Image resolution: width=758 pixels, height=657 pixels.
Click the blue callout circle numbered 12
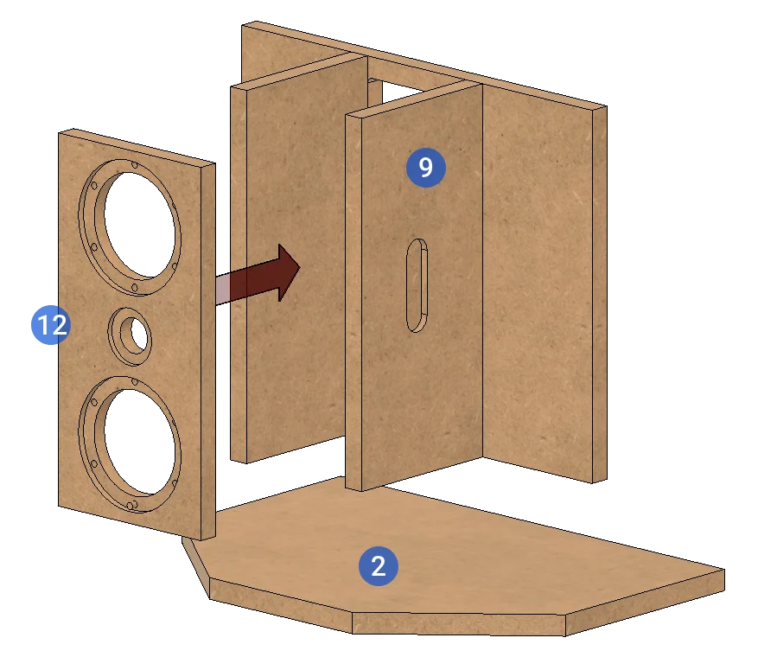coord(51,324)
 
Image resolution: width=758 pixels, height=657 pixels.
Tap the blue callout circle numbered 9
coord(425,167)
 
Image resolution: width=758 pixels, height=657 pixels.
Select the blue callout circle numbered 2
coord(378,565)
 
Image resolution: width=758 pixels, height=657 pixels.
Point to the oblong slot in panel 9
coord(417,285)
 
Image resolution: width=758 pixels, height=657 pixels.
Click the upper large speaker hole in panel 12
coord(139,225)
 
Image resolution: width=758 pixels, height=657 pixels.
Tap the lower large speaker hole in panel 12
coord(139,442)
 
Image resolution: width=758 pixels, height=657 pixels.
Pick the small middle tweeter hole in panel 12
coord(138,335)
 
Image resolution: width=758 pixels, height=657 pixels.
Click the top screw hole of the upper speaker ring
coord(134,165)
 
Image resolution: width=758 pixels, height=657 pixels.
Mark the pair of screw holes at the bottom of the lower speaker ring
coord(131,505)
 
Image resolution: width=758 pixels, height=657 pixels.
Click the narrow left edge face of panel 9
coord(354,303)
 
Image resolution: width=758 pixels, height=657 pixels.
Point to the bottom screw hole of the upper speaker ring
coord(134,288)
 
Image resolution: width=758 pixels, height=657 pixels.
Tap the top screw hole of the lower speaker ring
coord(134,382)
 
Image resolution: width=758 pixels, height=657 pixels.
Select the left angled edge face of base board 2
coord(196,568)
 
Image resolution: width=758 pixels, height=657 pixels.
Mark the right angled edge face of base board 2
coord(645,603)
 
